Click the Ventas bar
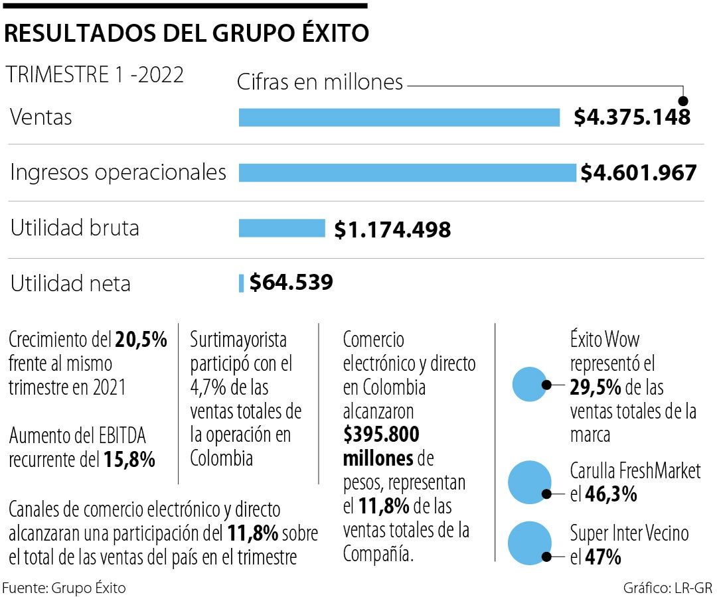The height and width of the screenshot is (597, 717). click(x=399, y=117)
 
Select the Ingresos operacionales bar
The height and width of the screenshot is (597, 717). click(x=407, y=172)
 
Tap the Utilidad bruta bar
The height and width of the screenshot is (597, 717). click(x=281, y=228)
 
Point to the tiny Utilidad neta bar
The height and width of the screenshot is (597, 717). click(x=242, y=283)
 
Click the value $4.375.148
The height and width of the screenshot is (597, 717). click(x=632, y=117)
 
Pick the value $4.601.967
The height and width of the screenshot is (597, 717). click(x=638, y=172)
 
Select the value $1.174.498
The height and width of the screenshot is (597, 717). click(x=392, y=230)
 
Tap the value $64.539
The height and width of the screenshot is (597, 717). click(x=291, y=283)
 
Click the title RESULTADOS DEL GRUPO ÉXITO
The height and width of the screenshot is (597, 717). click(x=187, y=33)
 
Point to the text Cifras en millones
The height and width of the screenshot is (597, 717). click(x=320, y=82)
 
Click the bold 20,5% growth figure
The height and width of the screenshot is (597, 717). click(x=141, y=340)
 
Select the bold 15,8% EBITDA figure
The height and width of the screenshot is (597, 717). click(x=129, y=459)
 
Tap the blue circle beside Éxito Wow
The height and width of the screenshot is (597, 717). click(x=529, y=384)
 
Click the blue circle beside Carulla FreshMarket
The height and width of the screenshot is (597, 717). click(x=529, y=482)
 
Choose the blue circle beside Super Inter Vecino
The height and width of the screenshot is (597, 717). click(x=529, y=543)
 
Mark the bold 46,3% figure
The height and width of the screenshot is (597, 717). click(x=611, y=494)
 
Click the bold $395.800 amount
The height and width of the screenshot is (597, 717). click(x=381, y=435)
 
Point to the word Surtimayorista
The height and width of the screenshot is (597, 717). click(x=238, y=340)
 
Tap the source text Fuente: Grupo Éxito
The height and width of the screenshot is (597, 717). click(x=64, y=588)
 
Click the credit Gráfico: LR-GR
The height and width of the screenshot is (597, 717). click(x=667, y=588)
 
